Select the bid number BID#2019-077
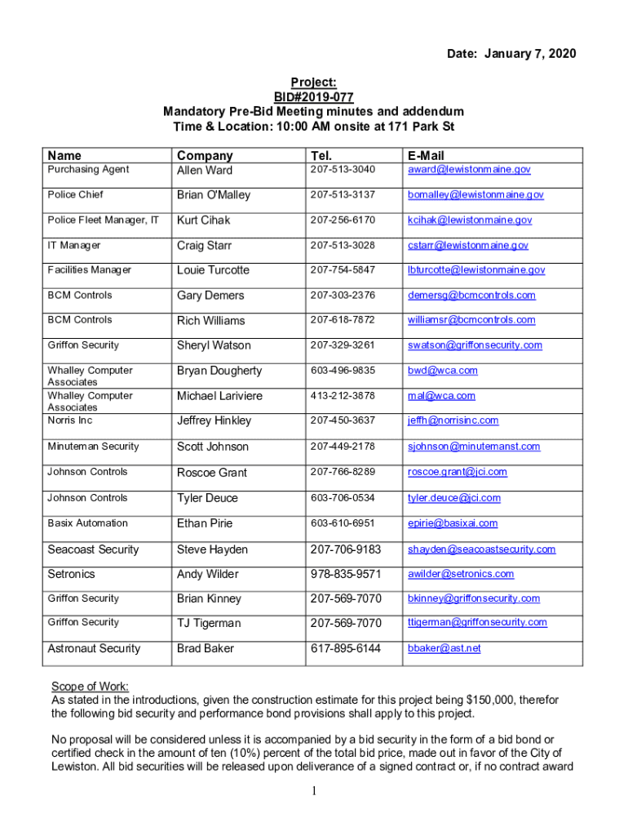click(x=313, y=96)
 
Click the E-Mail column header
click(x=426, y=155)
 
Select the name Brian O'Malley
click(x=214, y=195)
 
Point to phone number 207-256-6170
click(x=343, y=220)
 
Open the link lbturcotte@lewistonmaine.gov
click(x=476, y=270)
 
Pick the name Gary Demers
click(x=210, y=296)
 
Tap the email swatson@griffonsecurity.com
click(x=475, y=345)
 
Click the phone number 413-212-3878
click(x=343, y=396)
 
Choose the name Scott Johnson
click(x=212, y=447)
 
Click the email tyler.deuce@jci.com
click(x=454, y=498)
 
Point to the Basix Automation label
click(x=87, y=522)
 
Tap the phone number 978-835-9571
click(x=346, y=574)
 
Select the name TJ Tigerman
click(x=209, y=623)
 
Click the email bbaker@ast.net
click(x=444, y=648)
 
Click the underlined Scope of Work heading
click(x=91, y=687)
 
